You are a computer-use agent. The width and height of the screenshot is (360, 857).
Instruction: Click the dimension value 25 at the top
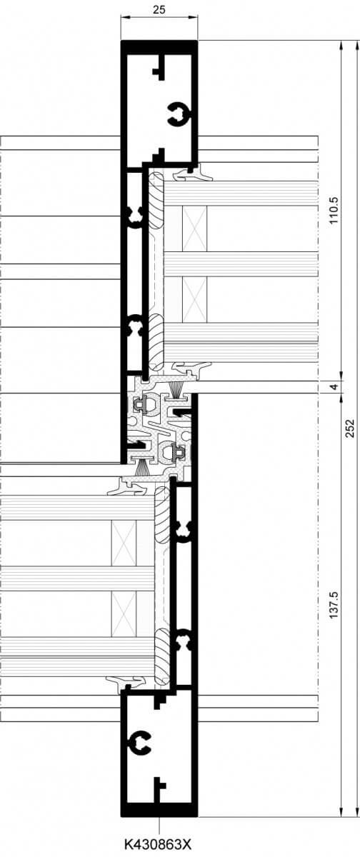(x=159, y=10)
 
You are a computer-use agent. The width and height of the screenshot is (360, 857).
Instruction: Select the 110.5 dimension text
(x=334, y=211)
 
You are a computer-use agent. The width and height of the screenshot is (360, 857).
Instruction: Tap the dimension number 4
(x=334, y=387)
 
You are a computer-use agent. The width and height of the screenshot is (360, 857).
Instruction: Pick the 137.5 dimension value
(x=334, y=606)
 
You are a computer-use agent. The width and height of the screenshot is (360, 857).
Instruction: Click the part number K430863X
(x=158, y=844)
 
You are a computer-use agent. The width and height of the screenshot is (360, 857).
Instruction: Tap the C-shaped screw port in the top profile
(x=179, y=114)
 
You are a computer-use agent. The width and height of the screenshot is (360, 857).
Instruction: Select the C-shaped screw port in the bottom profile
(x=141, y=743)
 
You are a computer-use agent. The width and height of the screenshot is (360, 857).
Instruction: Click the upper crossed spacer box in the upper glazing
(x=194, y=229)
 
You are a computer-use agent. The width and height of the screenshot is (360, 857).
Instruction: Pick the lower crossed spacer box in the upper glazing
(x=194, y=299)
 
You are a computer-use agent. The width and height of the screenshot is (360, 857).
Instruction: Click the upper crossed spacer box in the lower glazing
(x=124, y=543)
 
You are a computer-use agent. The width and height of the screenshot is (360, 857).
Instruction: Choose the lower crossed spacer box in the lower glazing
(x=124, y=614)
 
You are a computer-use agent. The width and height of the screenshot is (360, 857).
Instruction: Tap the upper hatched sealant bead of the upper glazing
(x=156, y=200)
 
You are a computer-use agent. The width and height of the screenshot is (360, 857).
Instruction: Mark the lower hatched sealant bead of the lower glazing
(x=162, y=658)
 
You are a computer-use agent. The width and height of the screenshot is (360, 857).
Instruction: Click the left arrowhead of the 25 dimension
(x=124, y=16)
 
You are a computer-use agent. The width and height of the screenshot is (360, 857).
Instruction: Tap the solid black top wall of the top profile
(x=159, y=47)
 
